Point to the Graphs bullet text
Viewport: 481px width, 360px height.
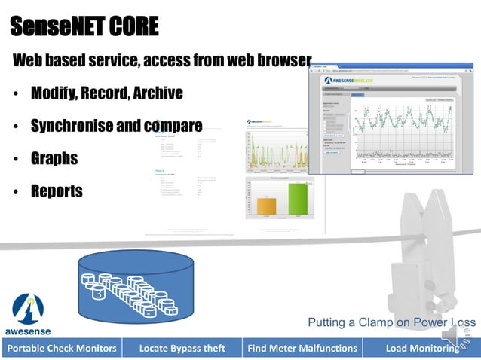54,159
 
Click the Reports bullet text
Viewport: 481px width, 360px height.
57,191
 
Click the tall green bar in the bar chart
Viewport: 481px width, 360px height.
298,200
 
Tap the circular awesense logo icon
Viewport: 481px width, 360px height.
28,308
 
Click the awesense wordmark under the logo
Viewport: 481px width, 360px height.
29,331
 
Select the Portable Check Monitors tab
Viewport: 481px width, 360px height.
62,348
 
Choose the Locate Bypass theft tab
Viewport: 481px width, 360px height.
182,348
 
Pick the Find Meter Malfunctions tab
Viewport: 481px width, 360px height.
302,348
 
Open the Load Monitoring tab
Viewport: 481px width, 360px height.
421,348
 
